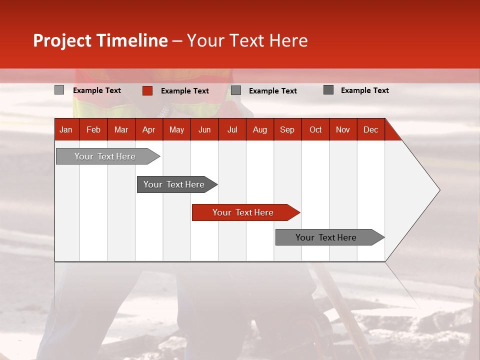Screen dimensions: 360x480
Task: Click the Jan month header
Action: tap(66, 129)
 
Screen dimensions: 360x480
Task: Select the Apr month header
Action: tap(148, 129)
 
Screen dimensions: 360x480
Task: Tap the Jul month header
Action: tap(232, 129)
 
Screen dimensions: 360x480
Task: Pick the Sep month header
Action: tap(287, 129)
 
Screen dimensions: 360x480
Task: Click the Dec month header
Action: tap(370, 129)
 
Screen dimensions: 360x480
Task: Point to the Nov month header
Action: tap(342, 129)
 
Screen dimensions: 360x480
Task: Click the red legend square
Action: tap(147, 90)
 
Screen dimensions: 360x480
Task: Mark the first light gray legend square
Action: tap(59, 90)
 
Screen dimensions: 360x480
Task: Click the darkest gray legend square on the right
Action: tap(328, 90)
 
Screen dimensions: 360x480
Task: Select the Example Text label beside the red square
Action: tap(184, 91)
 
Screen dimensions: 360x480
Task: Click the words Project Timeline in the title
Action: tap(100, 40)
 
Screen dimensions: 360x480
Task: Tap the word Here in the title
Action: tap(288, 40)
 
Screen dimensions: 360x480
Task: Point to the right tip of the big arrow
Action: tap(439, 190)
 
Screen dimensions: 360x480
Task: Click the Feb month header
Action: tap(93, 129)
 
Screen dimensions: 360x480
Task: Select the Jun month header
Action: tap(204, 129)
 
